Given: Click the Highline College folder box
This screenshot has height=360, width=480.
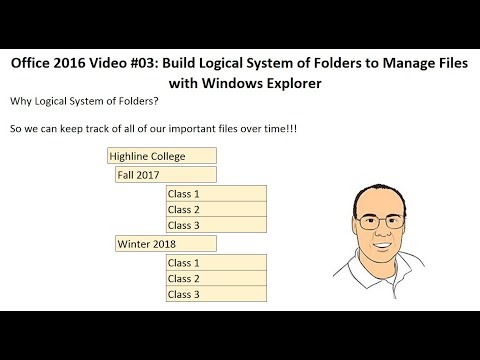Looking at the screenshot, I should click(x=161, y=156).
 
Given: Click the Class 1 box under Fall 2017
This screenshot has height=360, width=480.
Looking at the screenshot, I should click(x=216, y=193).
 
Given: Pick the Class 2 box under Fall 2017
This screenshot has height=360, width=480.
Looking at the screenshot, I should click(x=216, y=209).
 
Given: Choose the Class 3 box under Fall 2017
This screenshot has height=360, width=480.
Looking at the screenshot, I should click(x=216, y=225).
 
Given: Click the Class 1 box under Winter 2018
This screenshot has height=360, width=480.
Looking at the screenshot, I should click(x=216, y=262).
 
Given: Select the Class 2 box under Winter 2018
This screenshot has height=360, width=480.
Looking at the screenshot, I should click(x=216, y=278).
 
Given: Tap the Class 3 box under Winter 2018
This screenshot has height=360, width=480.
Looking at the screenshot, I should click(x=216, y=294).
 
